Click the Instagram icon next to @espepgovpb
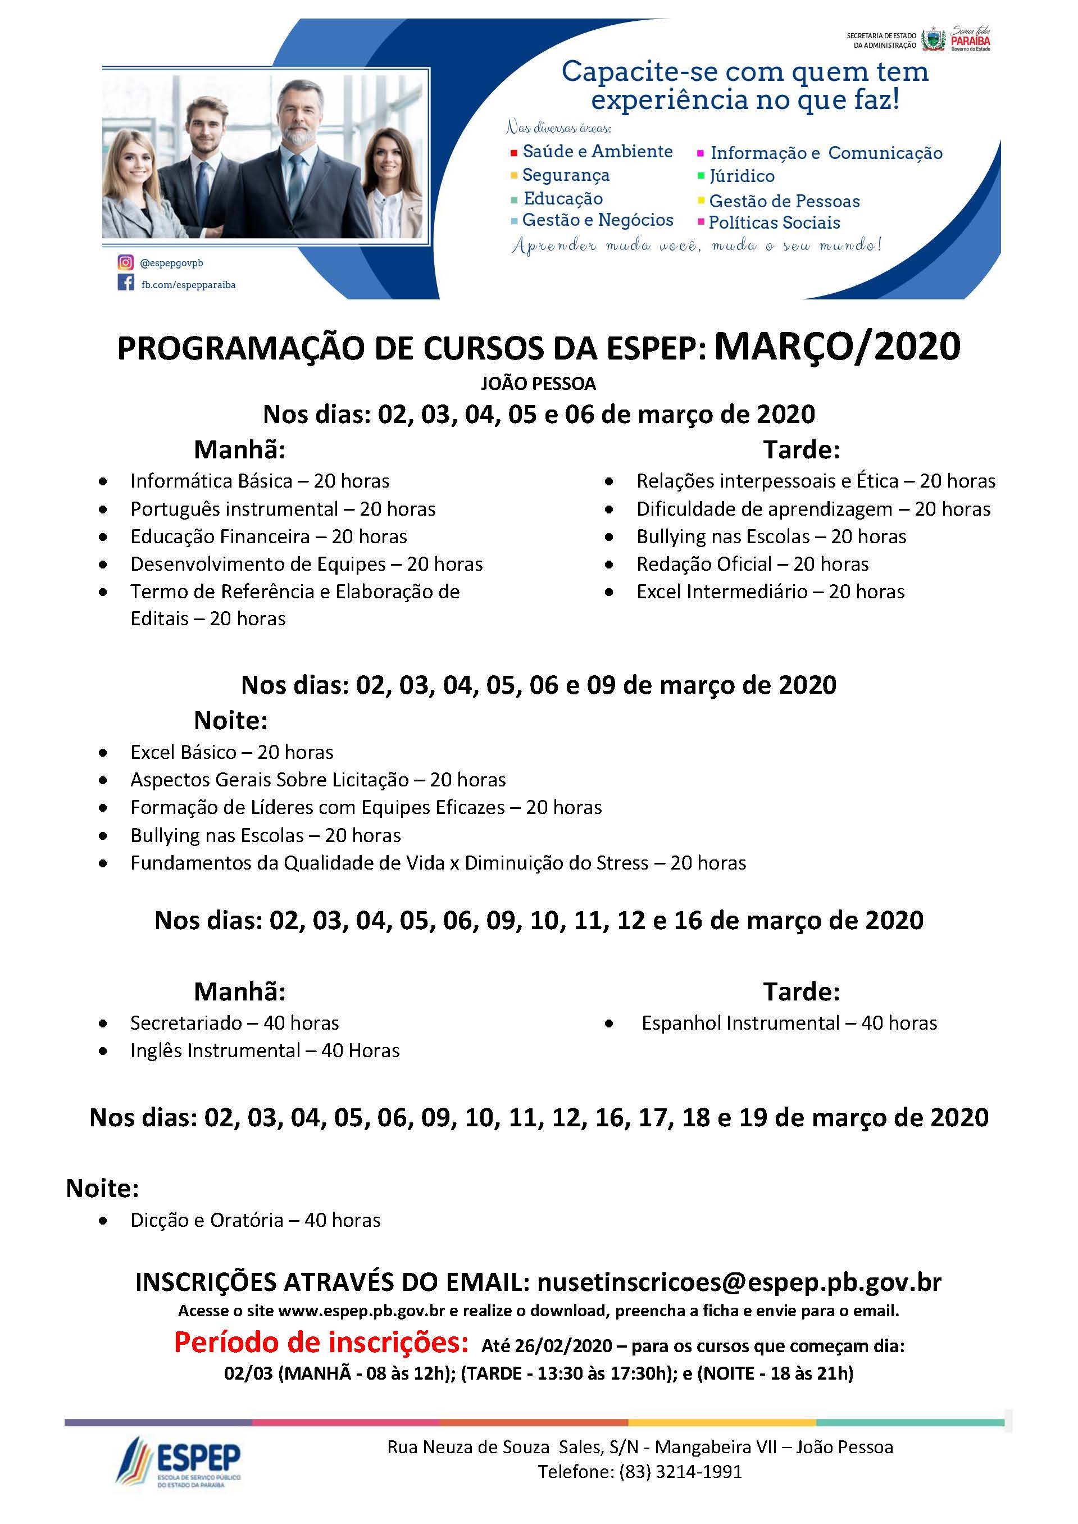coord(125,263)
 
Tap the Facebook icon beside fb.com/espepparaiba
coord(125,284)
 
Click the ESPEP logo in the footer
coord(179,1461)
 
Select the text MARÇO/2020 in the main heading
coord(837,347)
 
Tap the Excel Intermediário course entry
coord(770,592)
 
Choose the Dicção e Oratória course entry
coord(256,1220)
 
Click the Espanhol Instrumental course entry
coord(789,1023)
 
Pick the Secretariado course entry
coord(234,1023)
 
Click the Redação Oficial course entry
coord(752,564)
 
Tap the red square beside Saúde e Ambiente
coord(514,153)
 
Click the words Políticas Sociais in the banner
coord(774,222)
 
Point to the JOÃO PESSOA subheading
coord(538,384)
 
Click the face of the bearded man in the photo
coord(297,116)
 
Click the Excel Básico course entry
coord(231,752)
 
